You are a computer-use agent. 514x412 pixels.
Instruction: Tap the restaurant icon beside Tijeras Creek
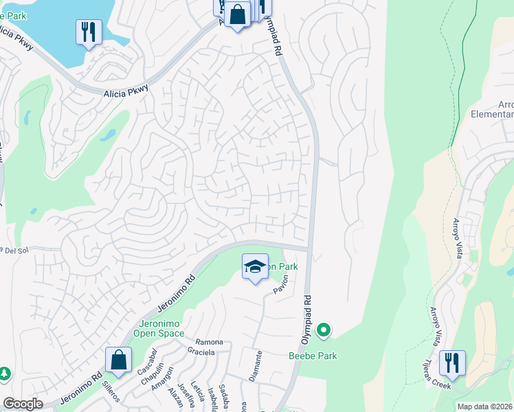point(452,363)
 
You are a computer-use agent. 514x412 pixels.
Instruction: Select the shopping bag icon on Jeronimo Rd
point(118,359)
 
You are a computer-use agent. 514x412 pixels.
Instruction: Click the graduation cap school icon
point(255,266)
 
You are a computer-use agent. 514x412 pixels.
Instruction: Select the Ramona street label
point(210,342)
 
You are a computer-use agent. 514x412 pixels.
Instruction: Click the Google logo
point(23,404)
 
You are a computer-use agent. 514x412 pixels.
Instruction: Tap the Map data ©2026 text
point(485,407)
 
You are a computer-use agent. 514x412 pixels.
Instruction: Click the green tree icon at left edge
point(4,374)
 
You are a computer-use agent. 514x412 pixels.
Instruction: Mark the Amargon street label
point(161,377)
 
